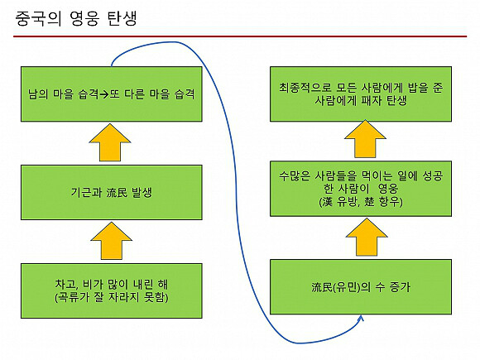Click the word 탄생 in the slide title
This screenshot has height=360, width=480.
point(122,18)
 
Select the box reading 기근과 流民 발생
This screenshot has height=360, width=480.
point(112,193)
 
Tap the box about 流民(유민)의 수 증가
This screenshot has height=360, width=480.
point(361,287)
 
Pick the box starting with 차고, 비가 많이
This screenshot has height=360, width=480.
point(112,290)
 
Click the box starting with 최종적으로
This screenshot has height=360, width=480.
point(361,94)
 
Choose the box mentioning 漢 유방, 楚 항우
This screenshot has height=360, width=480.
point(361,189)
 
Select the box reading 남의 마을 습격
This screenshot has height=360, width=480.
point(112,94)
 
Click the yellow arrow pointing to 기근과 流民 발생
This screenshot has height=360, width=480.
point(112,241)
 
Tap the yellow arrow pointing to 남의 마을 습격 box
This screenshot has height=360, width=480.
point(110,142)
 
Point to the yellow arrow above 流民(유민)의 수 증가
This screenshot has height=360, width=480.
point(367,237)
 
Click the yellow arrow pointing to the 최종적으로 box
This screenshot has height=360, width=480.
point(365,139)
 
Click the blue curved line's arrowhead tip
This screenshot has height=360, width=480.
point(362,317)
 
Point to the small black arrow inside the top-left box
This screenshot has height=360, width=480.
point(104,94)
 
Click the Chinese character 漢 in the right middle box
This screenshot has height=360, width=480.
point(327,202)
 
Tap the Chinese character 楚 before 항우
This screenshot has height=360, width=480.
point(369,202)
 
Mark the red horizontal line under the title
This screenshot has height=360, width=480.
point(240,36)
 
